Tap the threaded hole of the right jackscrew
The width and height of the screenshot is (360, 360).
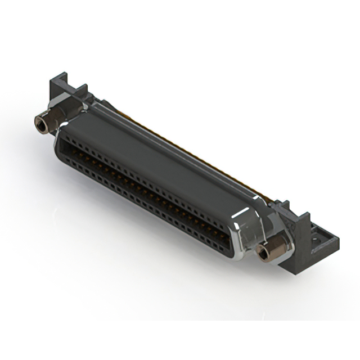tap(261, 253)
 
